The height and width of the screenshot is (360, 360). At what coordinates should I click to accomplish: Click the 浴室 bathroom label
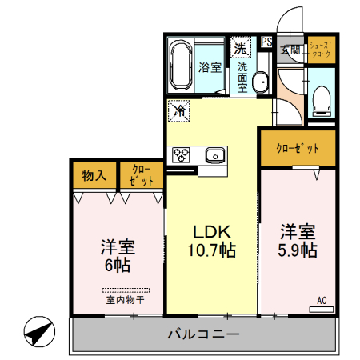click(x=210, y=68)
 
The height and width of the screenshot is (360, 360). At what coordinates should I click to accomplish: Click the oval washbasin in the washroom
click(x=260, y=83)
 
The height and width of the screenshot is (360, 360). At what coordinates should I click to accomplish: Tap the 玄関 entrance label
click(x=290, y=50)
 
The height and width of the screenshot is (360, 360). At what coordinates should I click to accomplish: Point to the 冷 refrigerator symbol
click(x=179, y=110)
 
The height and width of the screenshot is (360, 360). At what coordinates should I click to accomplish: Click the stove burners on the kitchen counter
click(x=179, y=155)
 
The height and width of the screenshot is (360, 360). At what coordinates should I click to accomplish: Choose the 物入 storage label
click(x=94, y=175)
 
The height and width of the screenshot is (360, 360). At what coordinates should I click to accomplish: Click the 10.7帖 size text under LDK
click(x=212, y=250)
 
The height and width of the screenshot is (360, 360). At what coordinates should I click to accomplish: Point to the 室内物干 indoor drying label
click(x=125, y=301)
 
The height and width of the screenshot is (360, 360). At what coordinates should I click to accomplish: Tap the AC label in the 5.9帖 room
click(x=322, y=301)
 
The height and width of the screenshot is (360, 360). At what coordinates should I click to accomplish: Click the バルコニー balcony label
click(x=203, y=334)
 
